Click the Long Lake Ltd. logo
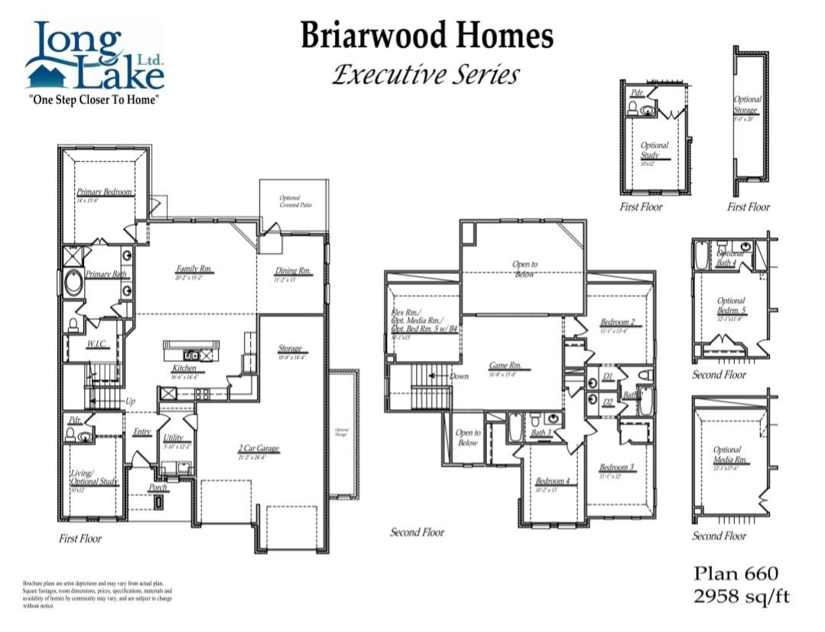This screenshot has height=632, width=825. point(95,61)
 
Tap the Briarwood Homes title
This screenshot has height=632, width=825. point(426,36)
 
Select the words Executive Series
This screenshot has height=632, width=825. point(426,75)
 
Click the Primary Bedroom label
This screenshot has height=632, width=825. point(104,192)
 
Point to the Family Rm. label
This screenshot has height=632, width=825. point(194,269)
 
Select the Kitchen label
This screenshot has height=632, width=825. point(184,368)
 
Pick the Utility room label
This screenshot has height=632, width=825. point(174,437)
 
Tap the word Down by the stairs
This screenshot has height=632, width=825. point(460,376)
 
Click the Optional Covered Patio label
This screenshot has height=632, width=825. point(290,201)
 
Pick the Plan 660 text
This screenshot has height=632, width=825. point(735,573)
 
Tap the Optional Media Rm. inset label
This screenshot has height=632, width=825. point(727,455)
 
